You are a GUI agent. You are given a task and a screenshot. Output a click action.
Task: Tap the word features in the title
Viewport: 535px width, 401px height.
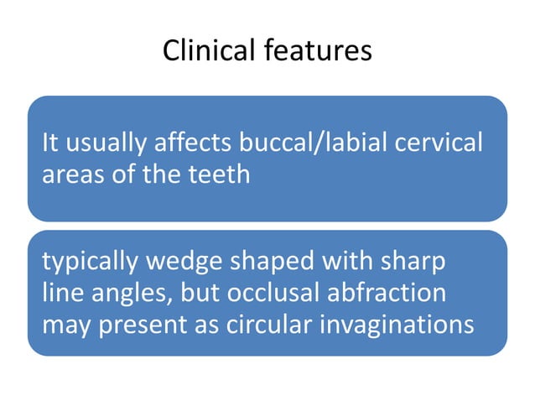point(317,52)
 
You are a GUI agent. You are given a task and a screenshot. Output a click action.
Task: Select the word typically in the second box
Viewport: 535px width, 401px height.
point(88,262)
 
